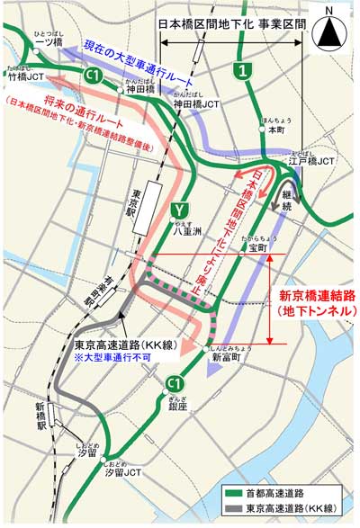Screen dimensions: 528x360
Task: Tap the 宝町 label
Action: coord(258,246)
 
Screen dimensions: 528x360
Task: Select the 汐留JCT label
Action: coord(120,471)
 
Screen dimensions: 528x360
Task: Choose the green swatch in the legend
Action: coord(239,493)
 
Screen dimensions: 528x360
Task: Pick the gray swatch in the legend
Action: coord(239,509)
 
